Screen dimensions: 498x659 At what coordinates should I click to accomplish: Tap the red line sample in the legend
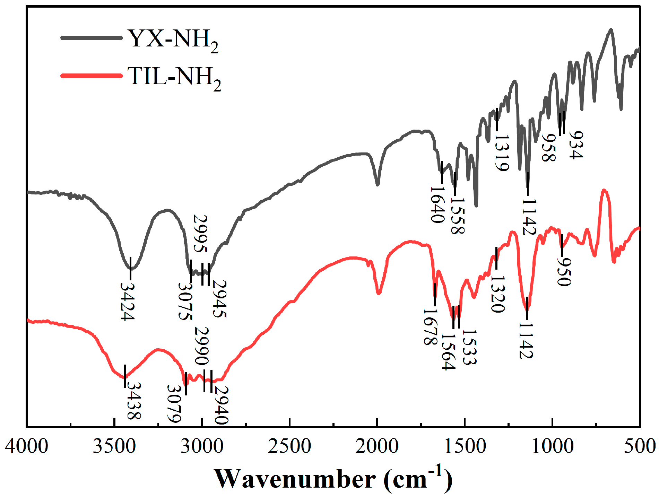click(92, 75)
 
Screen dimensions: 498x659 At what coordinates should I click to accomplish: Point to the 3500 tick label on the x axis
click(114, 446)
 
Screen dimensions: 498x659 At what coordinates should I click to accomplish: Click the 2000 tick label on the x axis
click(377, 446)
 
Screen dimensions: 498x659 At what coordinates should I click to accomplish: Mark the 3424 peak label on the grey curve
click(127, 301)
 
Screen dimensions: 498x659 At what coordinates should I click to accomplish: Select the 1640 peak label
click(437, 205)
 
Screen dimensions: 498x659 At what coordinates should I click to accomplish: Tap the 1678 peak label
click(430, 327)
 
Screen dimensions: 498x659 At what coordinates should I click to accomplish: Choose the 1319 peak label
click(502, 153)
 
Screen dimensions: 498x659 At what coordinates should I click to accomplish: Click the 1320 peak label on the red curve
click(498, 294)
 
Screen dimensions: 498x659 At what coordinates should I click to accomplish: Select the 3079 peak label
click(174, 404)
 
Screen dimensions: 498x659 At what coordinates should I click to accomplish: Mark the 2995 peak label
click(200, 234)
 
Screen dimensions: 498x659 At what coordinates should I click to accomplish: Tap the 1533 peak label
click(469, 347)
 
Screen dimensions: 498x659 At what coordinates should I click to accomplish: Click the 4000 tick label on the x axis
click(27, 446)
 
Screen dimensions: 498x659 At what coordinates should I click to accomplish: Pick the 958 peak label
click(549, 148)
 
